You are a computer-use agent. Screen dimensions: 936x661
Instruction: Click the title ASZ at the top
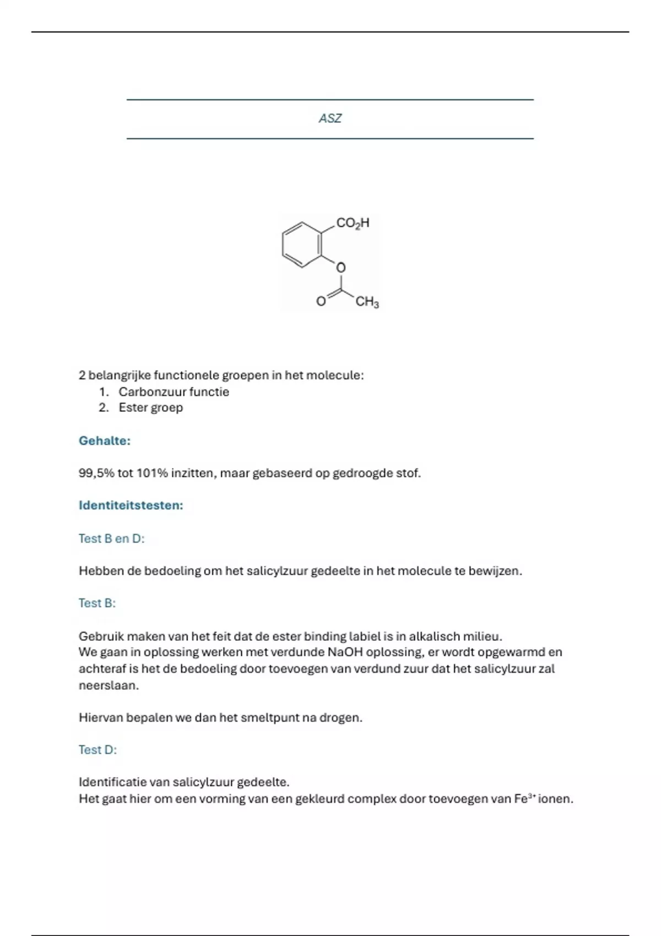[x=330, y=118]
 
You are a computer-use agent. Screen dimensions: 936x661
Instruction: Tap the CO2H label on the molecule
[x=353, y=223]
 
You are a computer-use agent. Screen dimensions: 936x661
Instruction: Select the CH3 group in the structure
[x=367, y=302]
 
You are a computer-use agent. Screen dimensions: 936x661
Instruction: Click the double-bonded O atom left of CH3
[x=321, y=301]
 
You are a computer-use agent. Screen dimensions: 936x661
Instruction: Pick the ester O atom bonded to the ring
[x=341, y=268]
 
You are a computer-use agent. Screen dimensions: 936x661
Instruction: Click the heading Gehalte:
[x=105, y=440]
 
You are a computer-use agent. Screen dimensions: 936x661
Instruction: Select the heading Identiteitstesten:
[x=131, y=505]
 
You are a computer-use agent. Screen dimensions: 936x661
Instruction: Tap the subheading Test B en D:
[x=111, y=538]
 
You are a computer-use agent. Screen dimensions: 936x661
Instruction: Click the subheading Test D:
[x=97, y=749]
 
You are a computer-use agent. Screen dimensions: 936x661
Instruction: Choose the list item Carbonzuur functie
[x=174, y=392]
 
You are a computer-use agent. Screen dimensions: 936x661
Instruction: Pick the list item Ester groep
[x=150, y=407]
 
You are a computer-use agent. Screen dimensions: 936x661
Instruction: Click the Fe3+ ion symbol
[x=524, y=798]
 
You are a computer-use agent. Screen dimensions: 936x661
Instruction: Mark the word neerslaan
[x=109, y=685]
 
